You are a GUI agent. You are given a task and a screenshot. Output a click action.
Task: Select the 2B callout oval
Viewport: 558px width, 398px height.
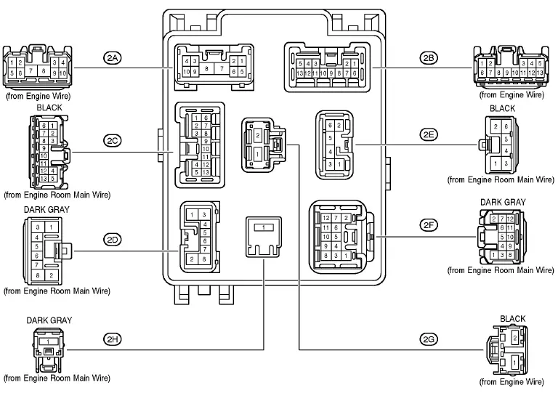click(426, 58)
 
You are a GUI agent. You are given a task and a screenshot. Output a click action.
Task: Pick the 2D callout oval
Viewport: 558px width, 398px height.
click(111, 239)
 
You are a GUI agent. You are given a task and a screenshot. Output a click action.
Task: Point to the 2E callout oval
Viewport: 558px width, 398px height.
click(427, 134)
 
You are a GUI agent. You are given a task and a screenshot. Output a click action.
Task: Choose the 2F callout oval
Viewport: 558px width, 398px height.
click(427, 224)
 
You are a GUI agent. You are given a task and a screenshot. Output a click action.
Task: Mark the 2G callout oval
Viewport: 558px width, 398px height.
click(427, 338)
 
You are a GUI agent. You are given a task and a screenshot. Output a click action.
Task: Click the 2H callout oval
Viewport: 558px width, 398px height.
click(111, 338)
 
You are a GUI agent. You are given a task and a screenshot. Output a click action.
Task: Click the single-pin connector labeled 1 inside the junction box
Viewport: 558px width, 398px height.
click(264, 236)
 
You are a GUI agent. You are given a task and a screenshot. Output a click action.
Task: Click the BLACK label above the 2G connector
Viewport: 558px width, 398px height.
click(512, 319)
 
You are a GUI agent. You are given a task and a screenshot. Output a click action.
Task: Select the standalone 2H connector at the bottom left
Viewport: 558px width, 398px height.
click(49, 346)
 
